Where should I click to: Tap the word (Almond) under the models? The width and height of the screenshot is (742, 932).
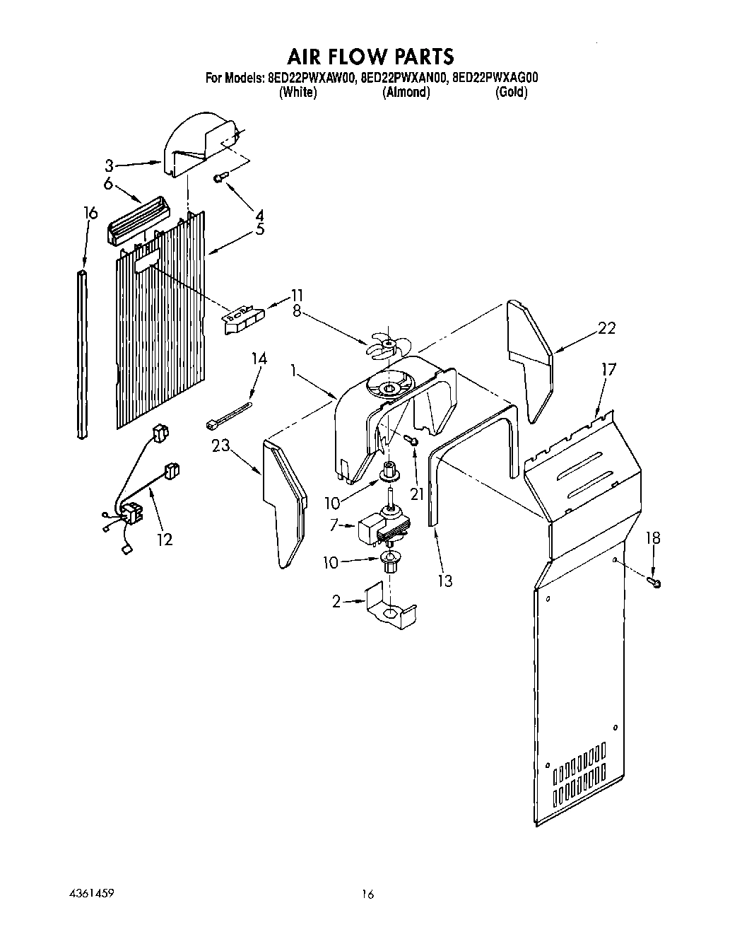point(406,93)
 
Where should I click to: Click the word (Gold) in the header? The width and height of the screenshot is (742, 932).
point(512,93)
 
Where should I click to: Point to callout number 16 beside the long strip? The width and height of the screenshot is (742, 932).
point(88,214)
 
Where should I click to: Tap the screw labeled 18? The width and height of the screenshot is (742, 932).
point(654,582)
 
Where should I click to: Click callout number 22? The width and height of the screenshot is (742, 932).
point(606,327)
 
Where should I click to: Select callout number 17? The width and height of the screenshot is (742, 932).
point(608,369)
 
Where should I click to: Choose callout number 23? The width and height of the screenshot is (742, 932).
point(224,445)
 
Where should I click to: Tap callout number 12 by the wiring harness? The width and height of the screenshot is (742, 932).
point(164,540)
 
